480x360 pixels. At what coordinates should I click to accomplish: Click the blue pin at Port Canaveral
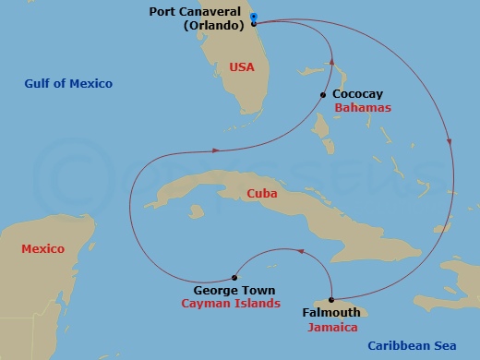pos(254,18)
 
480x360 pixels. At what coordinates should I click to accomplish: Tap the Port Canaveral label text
pos(194,13)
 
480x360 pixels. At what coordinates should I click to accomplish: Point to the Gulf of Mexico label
pos(68,84)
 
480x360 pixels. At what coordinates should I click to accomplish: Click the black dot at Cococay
pos(323,94)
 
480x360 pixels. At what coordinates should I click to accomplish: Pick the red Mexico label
pos(42,248)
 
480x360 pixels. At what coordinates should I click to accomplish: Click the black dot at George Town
pos(234,277)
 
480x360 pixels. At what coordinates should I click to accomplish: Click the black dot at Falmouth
pos(330,299)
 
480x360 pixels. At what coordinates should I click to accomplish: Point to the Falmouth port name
pos(330,313)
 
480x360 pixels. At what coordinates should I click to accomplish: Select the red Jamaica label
pos(334,327)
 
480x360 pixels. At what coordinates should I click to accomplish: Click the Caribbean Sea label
pos(413,346)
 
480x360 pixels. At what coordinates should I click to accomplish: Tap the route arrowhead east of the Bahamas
pos(450,143)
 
